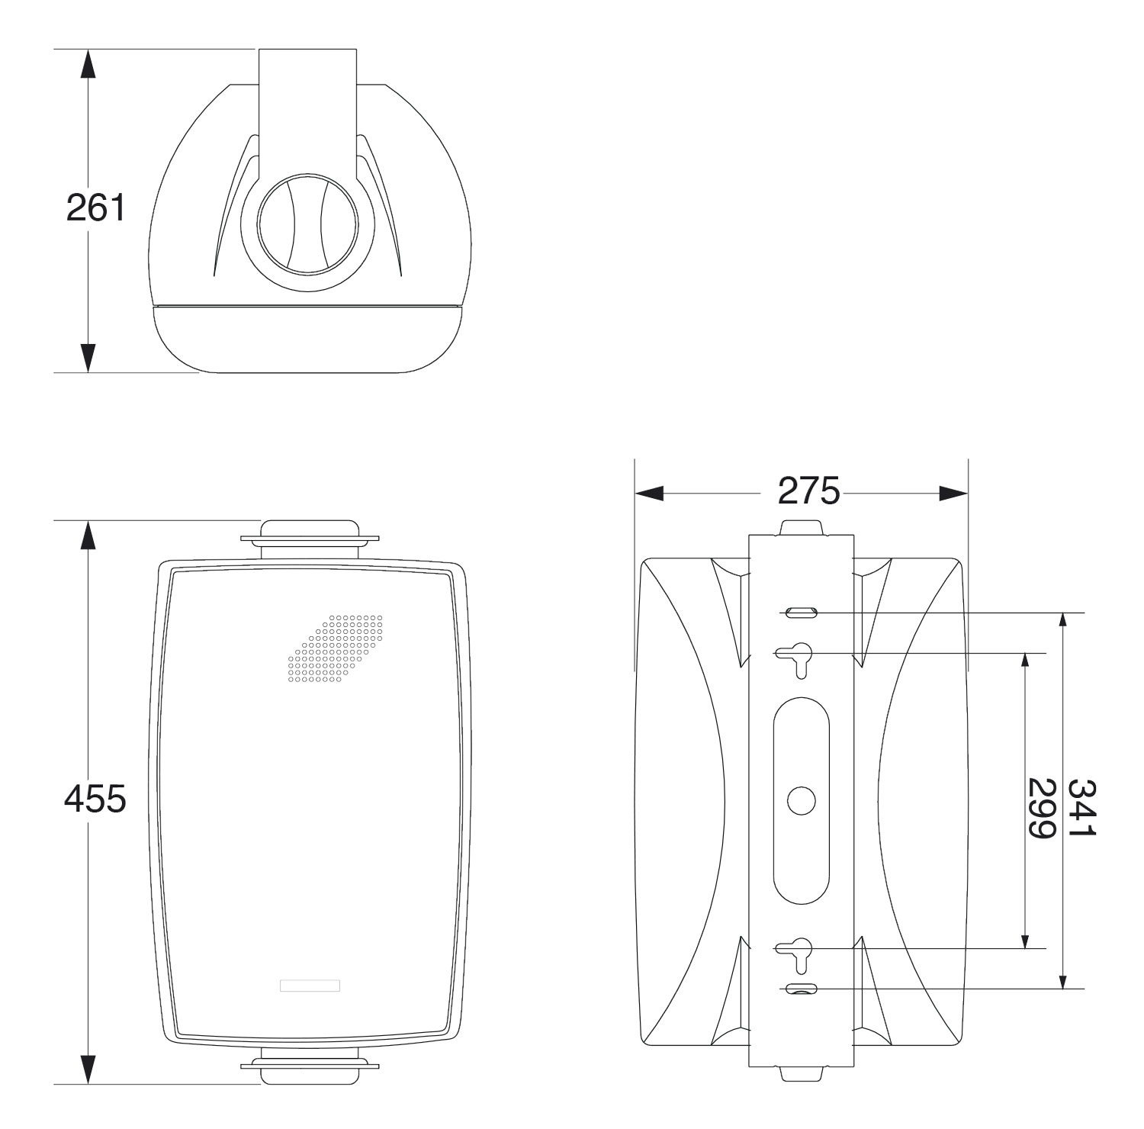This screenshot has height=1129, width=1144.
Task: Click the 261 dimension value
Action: coord(95,207)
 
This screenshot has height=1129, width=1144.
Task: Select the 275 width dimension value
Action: coord(808,491)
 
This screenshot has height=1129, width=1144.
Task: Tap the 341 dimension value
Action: coord(1081,807)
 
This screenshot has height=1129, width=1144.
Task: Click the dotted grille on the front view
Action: coord(335,648)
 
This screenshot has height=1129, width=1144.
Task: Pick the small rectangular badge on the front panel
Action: coord(310,985)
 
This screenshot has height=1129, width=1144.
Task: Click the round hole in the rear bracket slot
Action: coord(801,800)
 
